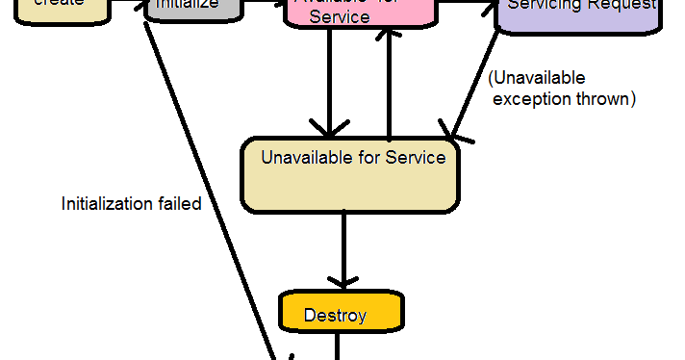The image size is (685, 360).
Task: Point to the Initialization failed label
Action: click(x=131, y=204)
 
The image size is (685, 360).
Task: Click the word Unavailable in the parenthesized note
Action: click(x=538, y=78)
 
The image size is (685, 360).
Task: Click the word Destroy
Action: click(x=335, y=315)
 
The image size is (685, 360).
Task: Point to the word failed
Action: click(x=176, y=204)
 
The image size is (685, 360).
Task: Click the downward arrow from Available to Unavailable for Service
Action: click(x=330, y=87)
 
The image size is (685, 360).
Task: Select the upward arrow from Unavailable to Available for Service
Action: click(x=388, y=87)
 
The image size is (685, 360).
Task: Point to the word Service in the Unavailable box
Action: click(x=416, y=157)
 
